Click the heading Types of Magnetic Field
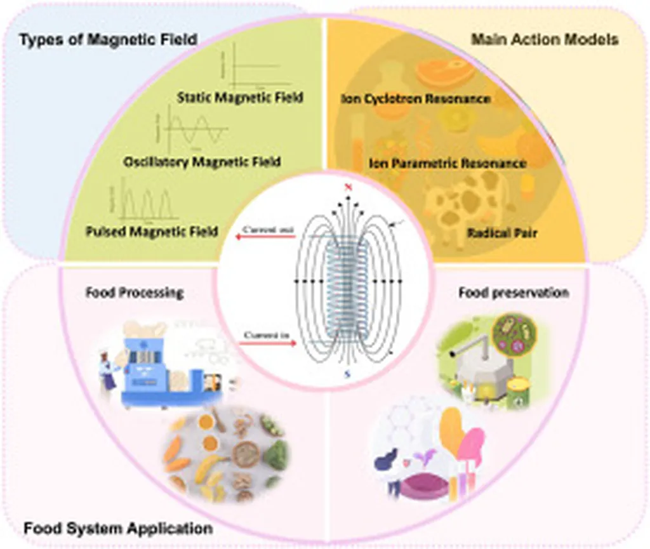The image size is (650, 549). [108, 40]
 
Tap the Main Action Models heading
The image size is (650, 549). [545, 40]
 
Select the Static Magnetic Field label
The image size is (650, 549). [240, 97]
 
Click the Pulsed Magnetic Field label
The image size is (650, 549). [152, 232]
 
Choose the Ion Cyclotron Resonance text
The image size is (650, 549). [416, 99]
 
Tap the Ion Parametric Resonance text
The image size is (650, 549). [448, 163]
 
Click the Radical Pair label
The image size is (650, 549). [502, 233]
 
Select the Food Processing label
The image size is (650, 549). [134, 293]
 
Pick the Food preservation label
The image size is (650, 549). [513, 293]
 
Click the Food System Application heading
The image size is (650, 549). [117, 527]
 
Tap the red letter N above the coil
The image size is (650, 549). [347, 188]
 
